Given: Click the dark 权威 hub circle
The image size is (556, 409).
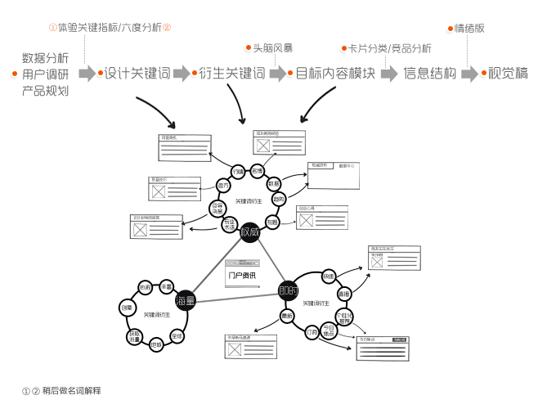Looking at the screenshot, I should [x=250, y=231].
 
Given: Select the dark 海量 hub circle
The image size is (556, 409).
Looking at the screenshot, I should [x=186, y=301].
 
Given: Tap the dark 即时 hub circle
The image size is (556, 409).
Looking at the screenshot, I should [x=288, y=291].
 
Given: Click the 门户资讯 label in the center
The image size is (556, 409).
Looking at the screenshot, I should [x=242, y=275].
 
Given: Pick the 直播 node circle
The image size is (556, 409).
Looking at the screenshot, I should [x=344, y=294].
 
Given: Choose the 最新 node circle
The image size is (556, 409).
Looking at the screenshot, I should [x=287, y=316].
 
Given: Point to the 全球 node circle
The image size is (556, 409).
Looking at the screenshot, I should [x=177, y=335].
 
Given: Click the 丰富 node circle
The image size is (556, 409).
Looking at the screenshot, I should [x=166, y=287].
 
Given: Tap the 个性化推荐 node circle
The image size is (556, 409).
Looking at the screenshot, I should [x=344, y=316].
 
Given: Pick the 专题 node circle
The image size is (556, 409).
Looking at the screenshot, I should [x=272, y=221].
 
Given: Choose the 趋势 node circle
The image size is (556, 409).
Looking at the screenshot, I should [x=279, y=200].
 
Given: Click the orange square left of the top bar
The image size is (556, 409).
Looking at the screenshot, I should [x=53, y=27].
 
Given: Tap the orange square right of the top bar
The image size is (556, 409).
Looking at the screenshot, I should [x=167, y=27].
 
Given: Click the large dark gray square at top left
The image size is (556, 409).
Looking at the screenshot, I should [x=45, y=74].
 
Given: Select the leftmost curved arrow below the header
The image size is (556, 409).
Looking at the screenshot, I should [x=155, y=111].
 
